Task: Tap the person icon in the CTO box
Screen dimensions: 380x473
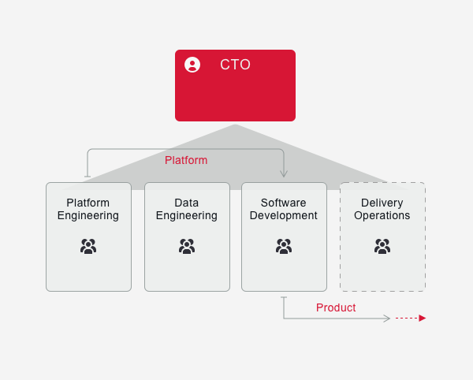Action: (x=192, y=65)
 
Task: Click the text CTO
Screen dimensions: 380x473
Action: (x=235, y=65)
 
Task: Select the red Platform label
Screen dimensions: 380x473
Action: (x=186, y=160)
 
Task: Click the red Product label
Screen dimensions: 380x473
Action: (x=336, y=307)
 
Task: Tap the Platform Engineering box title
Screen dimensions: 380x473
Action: (x=88, y=209)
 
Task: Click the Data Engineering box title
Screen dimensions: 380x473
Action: (x=187, y=209)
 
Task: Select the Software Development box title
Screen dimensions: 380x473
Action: (x=284, y=209)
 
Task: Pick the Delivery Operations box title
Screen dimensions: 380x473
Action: (x=382, y=209)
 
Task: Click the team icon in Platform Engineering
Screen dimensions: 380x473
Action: (x=88, y=246)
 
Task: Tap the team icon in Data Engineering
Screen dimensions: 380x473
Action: (x=187, y=246)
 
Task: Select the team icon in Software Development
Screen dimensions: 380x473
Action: (x=284, y=246)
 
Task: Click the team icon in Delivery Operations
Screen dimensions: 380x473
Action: (x=382, y=246)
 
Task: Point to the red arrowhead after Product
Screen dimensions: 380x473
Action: (x=423, y=319)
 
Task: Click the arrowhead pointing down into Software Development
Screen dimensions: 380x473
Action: (x=284, y=173)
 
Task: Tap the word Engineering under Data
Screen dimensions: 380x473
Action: (x=187, y=215)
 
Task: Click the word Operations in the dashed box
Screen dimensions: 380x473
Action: (x=382, y=215)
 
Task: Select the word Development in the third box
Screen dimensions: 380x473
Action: (x=284, y=215)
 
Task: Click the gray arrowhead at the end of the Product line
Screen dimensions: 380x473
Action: (x=387, y=319)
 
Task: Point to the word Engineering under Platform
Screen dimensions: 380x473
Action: (x=88, y=215)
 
